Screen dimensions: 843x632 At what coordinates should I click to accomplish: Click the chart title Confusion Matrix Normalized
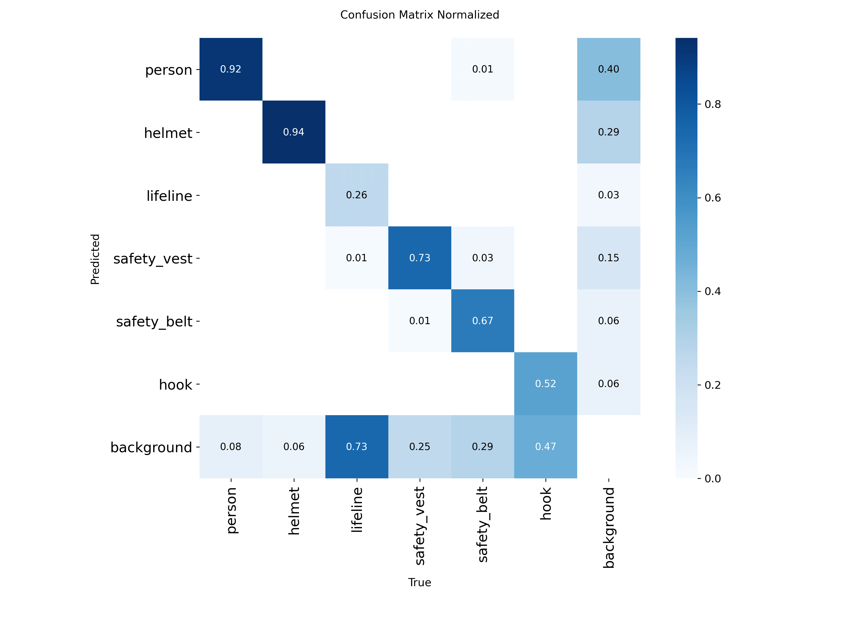pos(420,15)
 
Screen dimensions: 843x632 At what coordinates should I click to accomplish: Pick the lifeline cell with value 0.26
pos(357,195)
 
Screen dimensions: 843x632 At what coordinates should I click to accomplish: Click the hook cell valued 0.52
pos(546,384)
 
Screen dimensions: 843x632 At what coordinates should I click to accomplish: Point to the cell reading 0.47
pos(546,447)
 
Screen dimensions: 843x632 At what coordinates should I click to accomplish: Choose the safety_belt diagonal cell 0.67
pos(483,321)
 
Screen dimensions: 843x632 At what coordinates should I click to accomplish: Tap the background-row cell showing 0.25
pos(420,447)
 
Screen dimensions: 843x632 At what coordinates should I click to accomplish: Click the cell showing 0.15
pos(609,258)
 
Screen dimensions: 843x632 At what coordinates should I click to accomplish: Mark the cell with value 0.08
pos(231,447)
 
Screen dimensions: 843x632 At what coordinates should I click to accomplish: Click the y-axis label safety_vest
pos(153,259)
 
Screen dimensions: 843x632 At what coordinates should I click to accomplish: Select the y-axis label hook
pos(176,384)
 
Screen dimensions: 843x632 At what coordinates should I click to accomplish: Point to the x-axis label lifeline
pos(357,510)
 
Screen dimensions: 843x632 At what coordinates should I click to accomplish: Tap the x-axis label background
pos(609,528)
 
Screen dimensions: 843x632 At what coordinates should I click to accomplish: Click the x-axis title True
pos(420,583)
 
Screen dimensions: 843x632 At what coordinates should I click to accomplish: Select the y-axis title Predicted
pos(95,259)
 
